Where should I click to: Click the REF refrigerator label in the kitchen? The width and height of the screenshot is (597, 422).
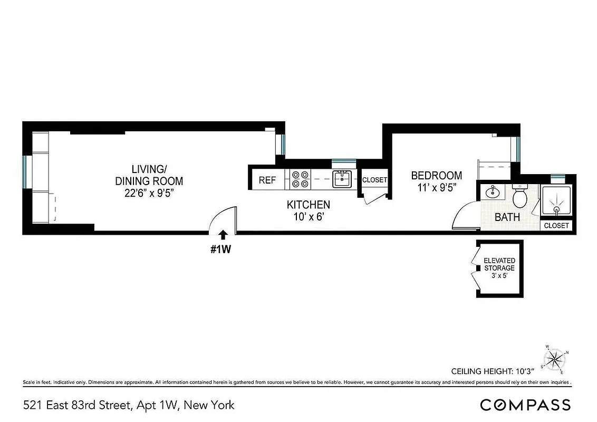pyautogui.click(x=267, y=180)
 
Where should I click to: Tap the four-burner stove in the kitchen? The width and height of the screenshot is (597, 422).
pyautogui.click(x=300, y=179)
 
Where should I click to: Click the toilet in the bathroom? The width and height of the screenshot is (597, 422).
pyautogui.click(x=520, y=197)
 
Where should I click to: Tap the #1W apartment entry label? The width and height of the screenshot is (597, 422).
pyautogui.click(x=221, y=250)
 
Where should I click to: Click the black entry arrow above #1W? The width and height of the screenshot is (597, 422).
pyautogui.click(x=223, y=235)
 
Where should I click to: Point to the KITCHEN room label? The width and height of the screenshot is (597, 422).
pyautogui.click(x=309, y=205)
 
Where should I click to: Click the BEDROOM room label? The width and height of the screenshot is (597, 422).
pyautogui.click(x=437, y=176)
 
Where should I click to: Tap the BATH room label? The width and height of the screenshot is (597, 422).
pyautogui.click(x=507, y=217)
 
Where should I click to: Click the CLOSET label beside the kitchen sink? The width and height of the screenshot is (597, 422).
pyautogui.click(x=374, y=180)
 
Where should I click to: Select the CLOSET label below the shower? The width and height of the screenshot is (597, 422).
pyautogui.click(x=556, y=226)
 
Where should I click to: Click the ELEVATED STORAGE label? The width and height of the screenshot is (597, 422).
pyautogui.click(x=499, y=264)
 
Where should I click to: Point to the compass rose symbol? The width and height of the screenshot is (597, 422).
pyautogui.click(x=555, y=360)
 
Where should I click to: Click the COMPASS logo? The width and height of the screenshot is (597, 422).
pyautogui.click(x=525, y=405)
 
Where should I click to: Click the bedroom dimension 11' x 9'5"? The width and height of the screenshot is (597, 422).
pyautogui.click(x=437, y=187)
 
